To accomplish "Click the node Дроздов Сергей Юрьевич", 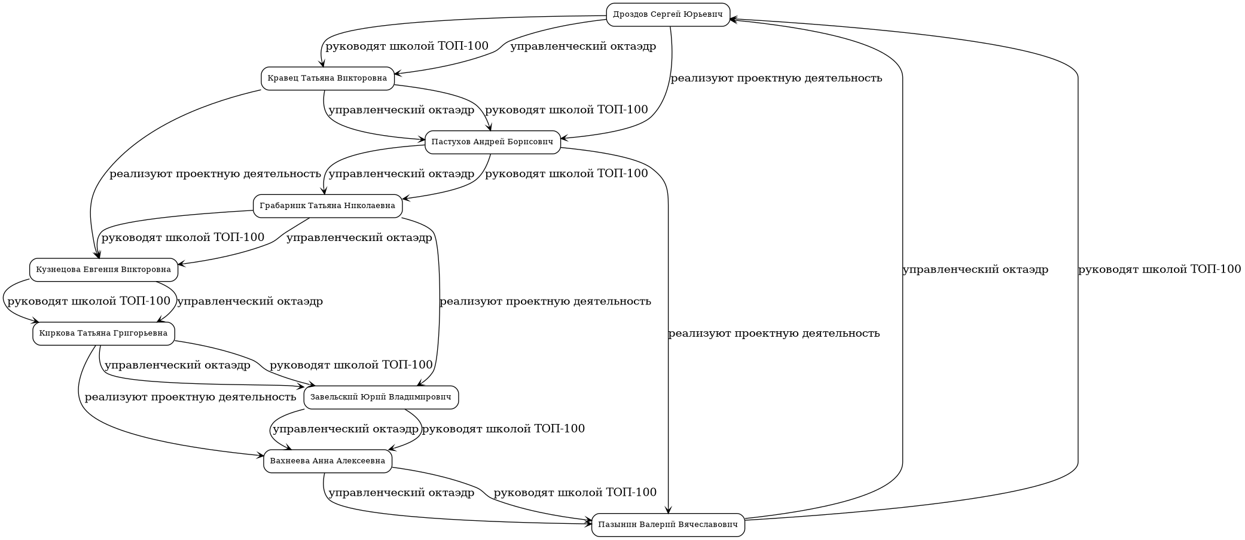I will [x=668, y=14].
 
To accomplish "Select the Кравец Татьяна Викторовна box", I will [x=327, y=78].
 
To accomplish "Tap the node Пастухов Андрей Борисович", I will [x=492, y=142].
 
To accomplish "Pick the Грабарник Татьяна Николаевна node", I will [x=327, y=206].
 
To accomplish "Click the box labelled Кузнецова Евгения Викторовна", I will [x=103, y=270].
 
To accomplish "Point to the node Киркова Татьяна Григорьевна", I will [x=103, y=333].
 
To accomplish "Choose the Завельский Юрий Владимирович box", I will [x=381, y=397].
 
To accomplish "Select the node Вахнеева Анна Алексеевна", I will [x=327, y=461].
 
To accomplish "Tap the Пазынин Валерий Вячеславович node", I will [x=668, y=525].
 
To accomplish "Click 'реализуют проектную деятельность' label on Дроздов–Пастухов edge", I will [x=776, y=78].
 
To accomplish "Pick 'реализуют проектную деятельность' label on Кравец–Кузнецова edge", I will [x=215, y=174].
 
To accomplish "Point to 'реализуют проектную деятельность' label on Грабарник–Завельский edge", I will [x=545, y=301].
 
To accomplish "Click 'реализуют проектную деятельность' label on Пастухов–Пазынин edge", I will [x=774, y=334].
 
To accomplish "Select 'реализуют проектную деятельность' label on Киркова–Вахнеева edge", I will [x=190, y=397].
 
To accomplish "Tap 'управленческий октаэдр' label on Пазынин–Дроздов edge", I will [x=975, y=270].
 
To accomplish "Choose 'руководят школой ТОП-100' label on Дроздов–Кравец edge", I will [x=407, y=46].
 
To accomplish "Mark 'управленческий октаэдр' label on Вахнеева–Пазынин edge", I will [x=401, y=493].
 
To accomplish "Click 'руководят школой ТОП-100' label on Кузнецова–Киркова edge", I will [x=89, y=301].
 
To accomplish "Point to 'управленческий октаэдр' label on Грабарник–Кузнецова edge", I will [x=359, y=238].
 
